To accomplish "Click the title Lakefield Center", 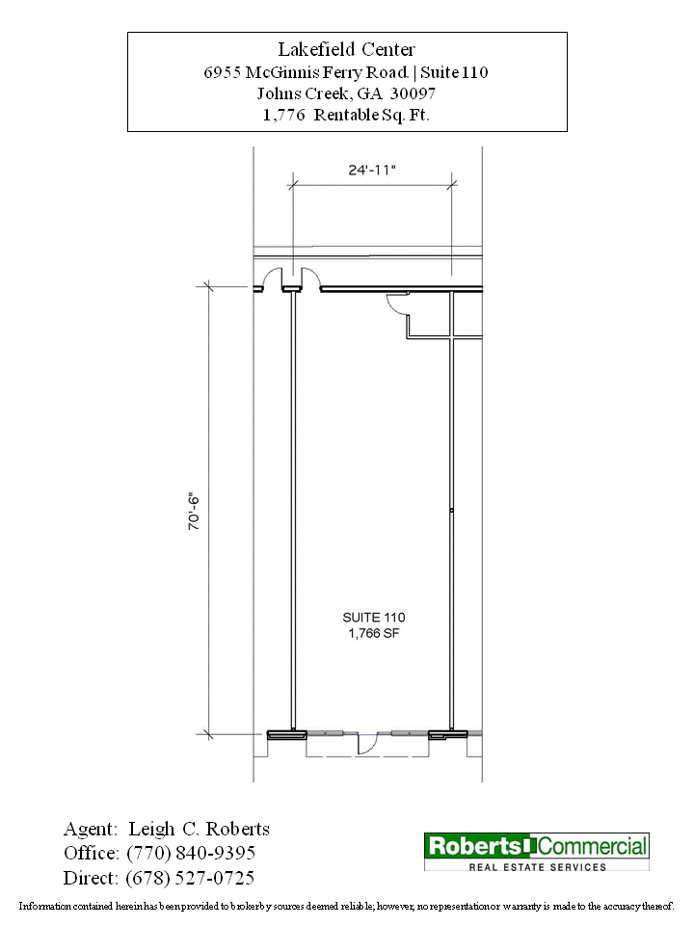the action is [x=346, y=49].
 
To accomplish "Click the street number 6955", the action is [x=222, y=72].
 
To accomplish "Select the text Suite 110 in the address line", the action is [x=454, y=72].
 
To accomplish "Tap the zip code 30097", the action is [x=413, y=93].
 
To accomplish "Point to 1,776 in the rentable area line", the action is [x=283, y=115].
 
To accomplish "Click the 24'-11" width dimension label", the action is [x=372, y=170].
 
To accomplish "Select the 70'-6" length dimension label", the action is [x=194, y=512].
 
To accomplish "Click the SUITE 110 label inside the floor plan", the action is [x=374, y=618].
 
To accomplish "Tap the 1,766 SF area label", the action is [x=374, y=634].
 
